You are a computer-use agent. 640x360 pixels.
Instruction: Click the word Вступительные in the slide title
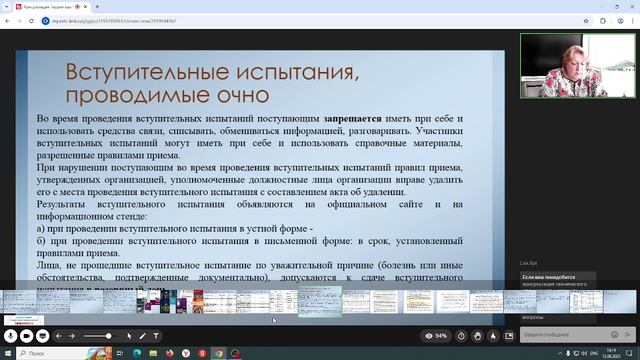(139, 73)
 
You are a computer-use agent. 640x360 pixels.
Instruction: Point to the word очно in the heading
(236, 96)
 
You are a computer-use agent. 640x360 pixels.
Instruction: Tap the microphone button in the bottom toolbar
(12, 335)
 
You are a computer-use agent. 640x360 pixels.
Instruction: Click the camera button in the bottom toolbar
(27, 335)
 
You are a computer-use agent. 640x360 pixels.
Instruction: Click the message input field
(560, 334)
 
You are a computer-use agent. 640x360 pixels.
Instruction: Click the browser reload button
(30, 19)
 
